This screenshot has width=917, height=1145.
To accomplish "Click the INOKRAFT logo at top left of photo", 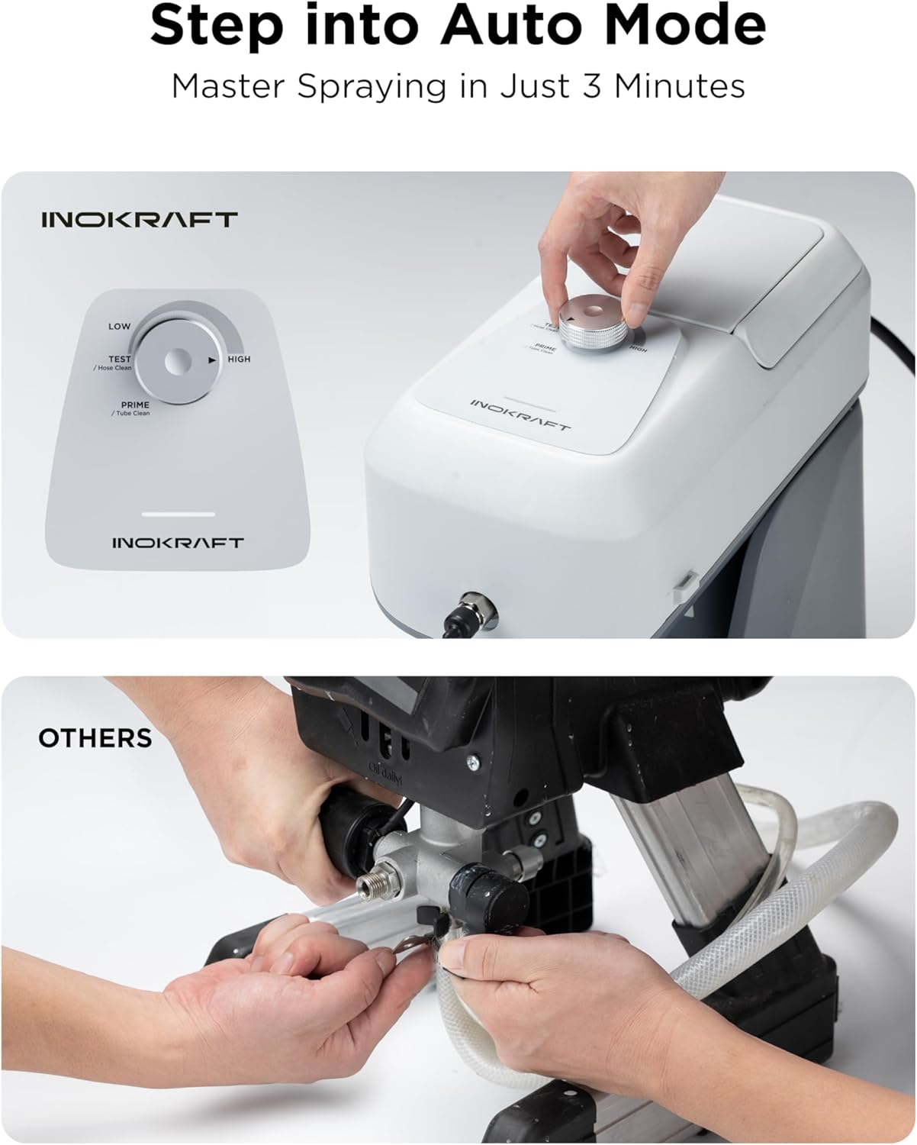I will (x=140, y=220).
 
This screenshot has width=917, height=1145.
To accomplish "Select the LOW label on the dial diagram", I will (x=119, y=326).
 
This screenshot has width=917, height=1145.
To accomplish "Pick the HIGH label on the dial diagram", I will (x=239, y=359).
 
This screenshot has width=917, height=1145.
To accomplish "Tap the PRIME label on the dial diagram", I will (x=135, y=405).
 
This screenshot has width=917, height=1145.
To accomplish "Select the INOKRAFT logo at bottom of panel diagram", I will (x=178, y=543).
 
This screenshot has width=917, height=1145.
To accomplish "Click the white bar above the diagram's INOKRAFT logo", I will (x=178, y=514).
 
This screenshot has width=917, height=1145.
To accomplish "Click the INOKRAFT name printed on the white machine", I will (x=520, y=414).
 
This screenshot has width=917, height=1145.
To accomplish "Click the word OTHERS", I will (x=95, y=738).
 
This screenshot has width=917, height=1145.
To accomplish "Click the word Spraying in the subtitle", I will (x=372, y=85).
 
